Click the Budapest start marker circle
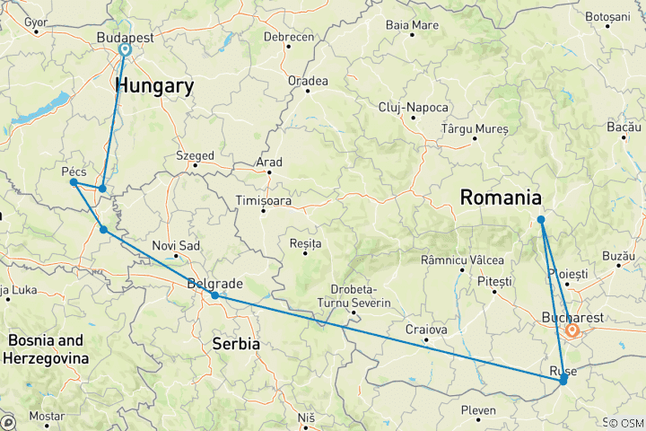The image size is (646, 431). pos(124,50)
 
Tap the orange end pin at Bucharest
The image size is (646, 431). pos(572,331)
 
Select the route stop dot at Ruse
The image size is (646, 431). pos(563,381)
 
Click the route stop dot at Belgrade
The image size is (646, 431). pos(214,295)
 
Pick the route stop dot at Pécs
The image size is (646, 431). pos(73,182)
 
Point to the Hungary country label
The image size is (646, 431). pos(153,86)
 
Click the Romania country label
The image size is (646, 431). pos(501,198)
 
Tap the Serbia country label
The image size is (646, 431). pos(236,344)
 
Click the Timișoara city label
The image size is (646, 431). pos(263,201)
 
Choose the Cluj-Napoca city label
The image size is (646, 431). pos(413,107)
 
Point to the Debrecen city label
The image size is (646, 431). pos(289,37)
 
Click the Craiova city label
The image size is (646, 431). pos(426,330)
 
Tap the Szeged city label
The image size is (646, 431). pos(195,155)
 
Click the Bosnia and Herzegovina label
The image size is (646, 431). pos(47,349)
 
